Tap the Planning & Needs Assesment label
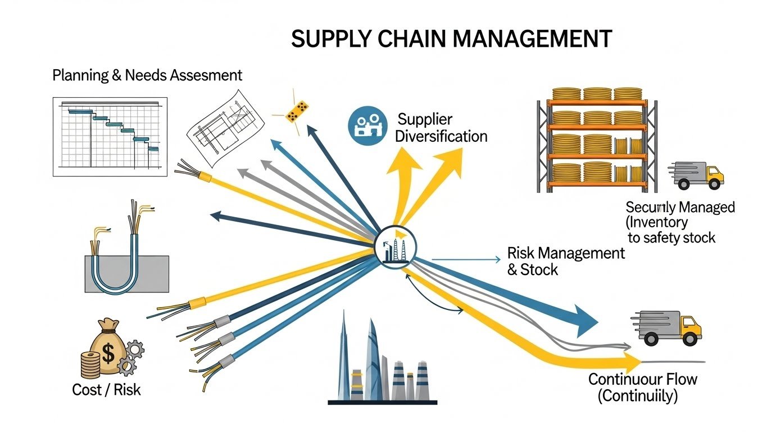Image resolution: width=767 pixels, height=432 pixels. (147, 75)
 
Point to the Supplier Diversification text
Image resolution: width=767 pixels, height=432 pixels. (441, 128)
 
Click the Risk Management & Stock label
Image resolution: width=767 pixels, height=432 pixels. (565, 261)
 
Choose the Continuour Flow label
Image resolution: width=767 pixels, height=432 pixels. (642, 387)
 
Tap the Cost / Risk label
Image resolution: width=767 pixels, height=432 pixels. (107, 389)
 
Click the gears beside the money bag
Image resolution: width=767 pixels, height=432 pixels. (130, 358)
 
